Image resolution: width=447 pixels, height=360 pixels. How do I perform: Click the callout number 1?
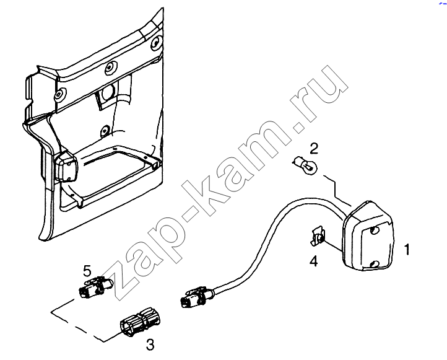pyautogui.click(x=407, y=249)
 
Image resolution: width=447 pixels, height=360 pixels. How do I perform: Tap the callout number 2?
pyautogui.click(x=314, y=149)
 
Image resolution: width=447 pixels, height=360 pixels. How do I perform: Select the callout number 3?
pyautogui.click(x=150, y=345)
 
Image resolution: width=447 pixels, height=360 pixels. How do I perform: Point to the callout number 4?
pyautogui.click(x=314, y=261)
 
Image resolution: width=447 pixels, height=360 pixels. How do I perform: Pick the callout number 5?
pyautogui.click(x=87, y=271)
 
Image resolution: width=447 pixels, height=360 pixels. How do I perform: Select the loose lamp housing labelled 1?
pyautogui.click(x=368, y=236)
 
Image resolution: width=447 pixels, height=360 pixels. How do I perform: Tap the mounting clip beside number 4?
pyautogui.click(x=318, y=236)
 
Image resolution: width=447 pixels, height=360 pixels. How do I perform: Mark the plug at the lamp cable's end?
pyautogui.click(x=197, y=297)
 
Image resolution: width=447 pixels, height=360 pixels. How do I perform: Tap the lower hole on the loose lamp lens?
pyautogui.click(x=376, y=264)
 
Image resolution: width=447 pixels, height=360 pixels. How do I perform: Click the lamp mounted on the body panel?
pyautogui.click(x=66, y=166)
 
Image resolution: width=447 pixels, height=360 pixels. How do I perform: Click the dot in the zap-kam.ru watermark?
pyautogui.click(x=299, y=128)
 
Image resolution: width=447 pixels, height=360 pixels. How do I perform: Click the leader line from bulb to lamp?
pyautogui.click(x=336, y=190)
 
